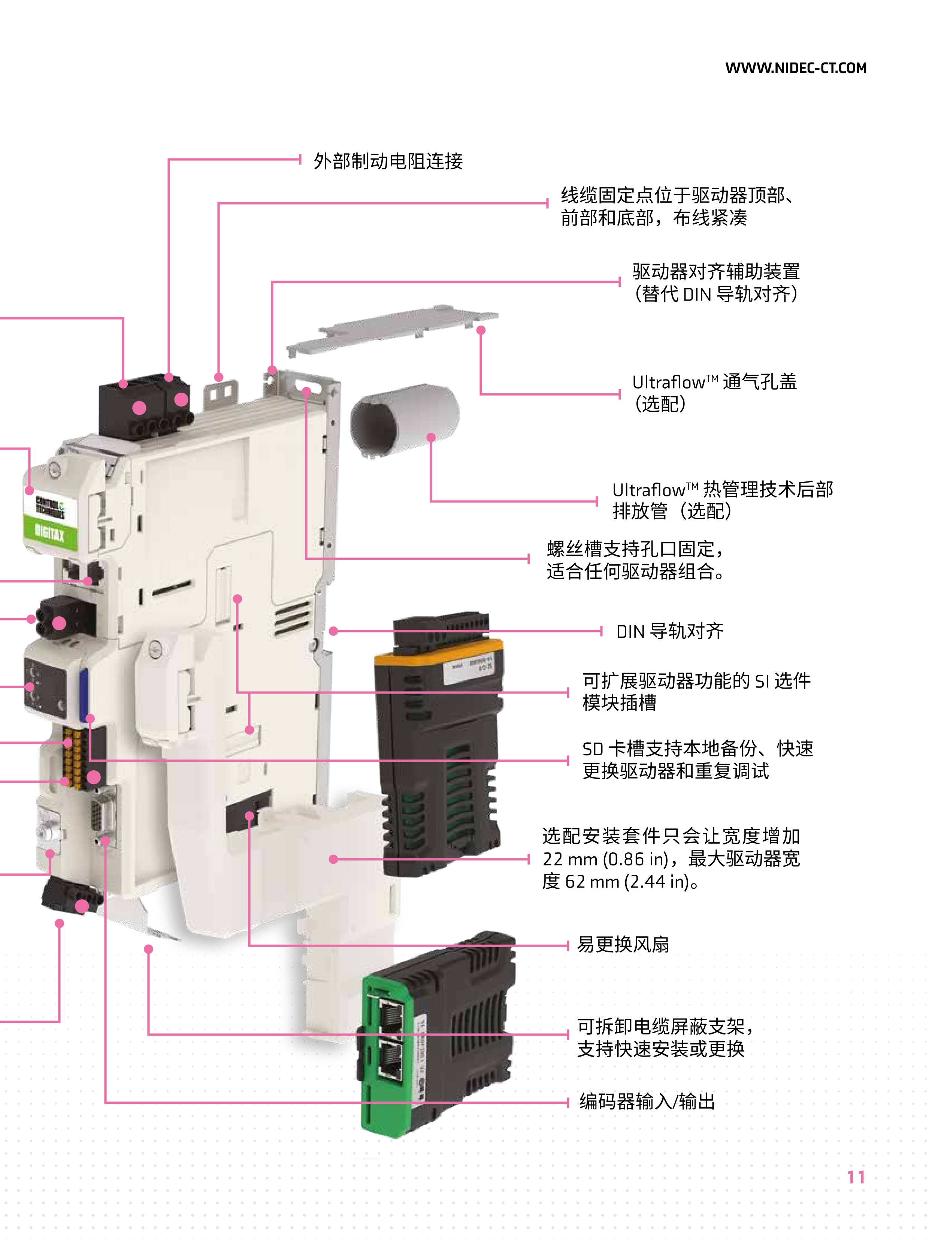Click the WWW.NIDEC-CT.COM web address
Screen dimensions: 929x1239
tap(796, 68)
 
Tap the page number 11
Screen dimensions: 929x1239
tap(856, 1177)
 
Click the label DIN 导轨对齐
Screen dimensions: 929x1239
tap(670, 631)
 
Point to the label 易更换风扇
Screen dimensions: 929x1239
tap(623, 945)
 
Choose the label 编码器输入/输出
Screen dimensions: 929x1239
tap(647, 1102)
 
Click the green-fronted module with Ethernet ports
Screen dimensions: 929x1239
tap(437, 1036)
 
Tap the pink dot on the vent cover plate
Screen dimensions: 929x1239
tap(481, 330)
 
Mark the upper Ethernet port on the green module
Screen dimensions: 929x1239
tap(390, 1015)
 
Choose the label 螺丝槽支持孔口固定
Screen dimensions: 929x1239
tap(630, 549)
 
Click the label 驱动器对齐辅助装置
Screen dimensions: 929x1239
tap(716, 272)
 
